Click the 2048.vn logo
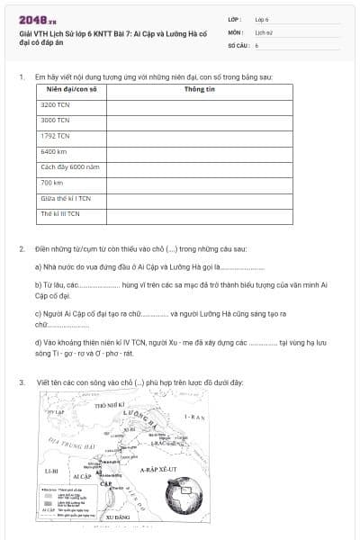(33, 19)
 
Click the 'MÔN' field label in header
(236, 31)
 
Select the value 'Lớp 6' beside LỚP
(262, 19)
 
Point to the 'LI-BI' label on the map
(51, 471)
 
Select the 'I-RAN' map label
(194, 418)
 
